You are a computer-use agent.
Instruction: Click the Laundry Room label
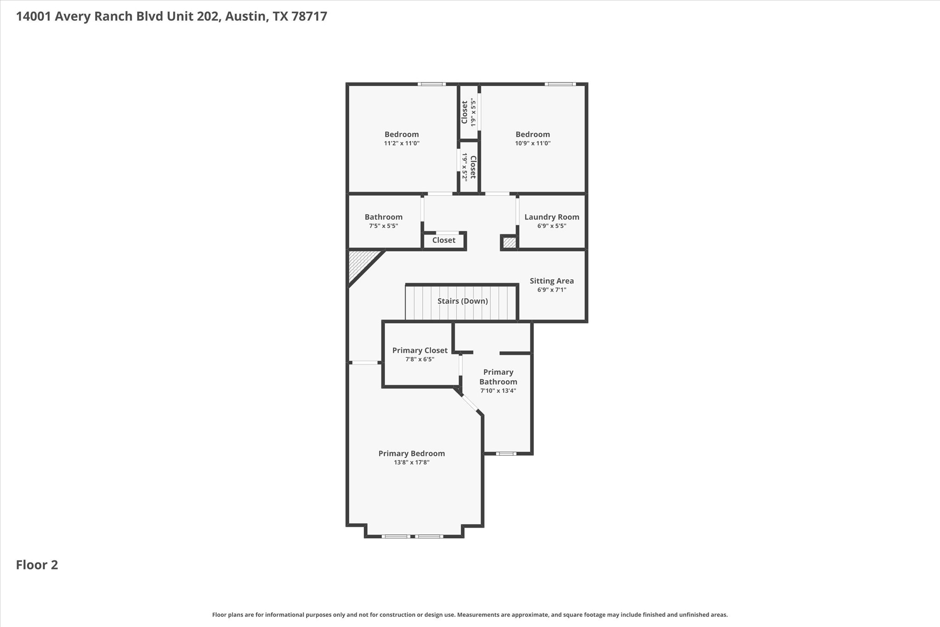[552, 217]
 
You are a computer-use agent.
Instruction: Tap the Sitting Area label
[552, 281]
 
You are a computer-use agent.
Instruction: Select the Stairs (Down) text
[462, 301]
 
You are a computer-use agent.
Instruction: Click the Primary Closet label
[420, 350]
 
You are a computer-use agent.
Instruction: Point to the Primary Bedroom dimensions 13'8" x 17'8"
[411, 463]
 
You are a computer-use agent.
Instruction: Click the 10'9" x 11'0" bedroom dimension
[532, 143]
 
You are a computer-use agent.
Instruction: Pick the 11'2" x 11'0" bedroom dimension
[402, 143]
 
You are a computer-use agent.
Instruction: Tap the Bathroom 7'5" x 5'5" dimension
[383, 226]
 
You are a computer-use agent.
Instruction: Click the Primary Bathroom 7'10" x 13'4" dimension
[498, 391]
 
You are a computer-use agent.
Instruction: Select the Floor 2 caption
[37, 565]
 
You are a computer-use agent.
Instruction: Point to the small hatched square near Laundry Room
[509, 242]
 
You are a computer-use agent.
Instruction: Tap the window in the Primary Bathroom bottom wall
[506, 454]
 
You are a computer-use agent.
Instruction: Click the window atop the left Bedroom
[431, 84]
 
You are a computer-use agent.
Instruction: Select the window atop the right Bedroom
[560, 84]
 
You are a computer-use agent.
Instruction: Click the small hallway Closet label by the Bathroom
[443, 240]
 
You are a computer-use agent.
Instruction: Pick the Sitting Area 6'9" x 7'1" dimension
[552, 290]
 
